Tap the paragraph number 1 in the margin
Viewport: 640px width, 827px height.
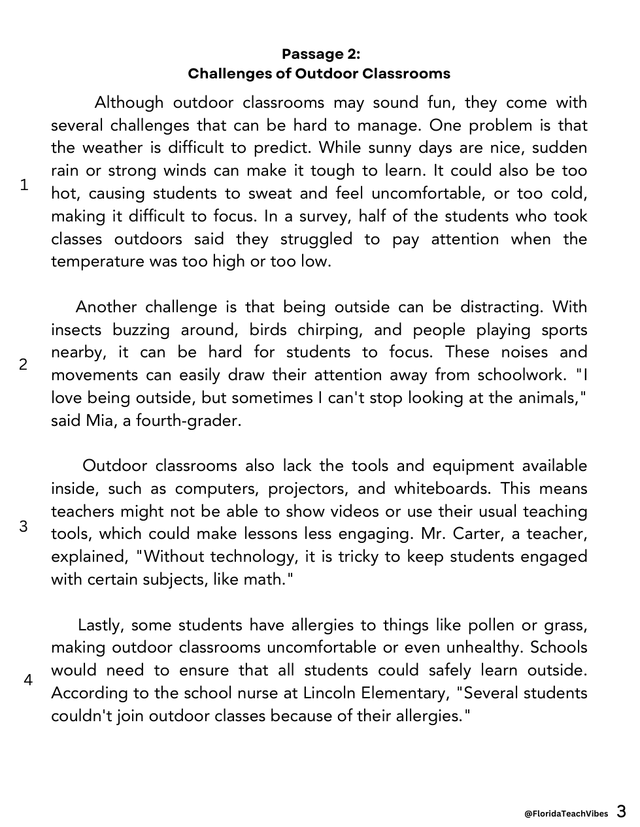pos(24,185)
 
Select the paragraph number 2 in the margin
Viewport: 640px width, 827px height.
pos(24,365)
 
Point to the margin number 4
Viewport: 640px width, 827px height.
pos(28,680)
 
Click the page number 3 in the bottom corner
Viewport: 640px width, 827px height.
pos(621,812)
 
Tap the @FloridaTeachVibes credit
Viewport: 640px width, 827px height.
pos(566,813)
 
